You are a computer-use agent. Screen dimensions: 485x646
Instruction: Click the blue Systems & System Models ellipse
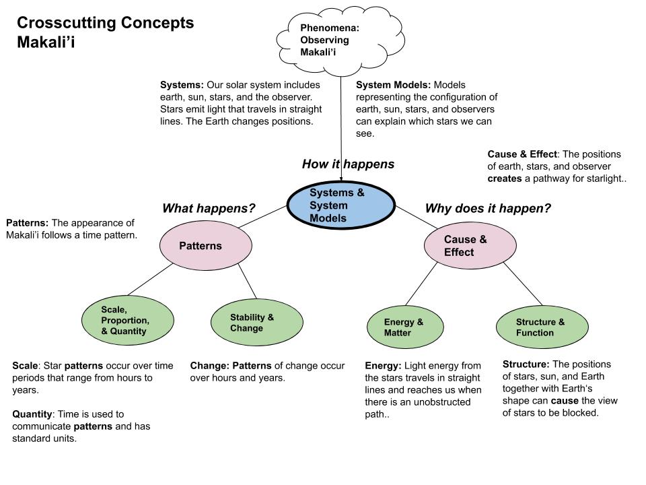[x=340, y=205]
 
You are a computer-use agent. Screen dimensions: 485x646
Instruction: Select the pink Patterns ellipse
[x=200, y=246]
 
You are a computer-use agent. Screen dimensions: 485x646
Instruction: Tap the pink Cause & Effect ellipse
[x=464, y=246]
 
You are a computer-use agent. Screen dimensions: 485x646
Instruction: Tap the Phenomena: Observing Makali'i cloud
[x=326, y=40]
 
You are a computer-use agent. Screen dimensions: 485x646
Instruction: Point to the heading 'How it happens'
[x=348, y=164]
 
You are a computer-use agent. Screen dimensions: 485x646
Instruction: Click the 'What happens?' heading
[x=209, y=209]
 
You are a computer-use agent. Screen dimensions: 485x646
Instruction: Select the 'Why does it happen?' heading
[x=487, y=209]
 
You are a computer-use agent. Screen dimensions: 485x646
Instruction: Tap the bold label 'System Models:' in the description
[x=393, y=86]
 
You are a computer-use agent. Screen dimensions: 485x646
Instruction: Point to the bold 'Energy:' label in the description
[x=383, y=366]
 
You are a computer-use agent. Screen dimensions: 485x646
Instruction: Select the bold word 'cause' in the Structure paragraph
[x=564, y=400]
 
